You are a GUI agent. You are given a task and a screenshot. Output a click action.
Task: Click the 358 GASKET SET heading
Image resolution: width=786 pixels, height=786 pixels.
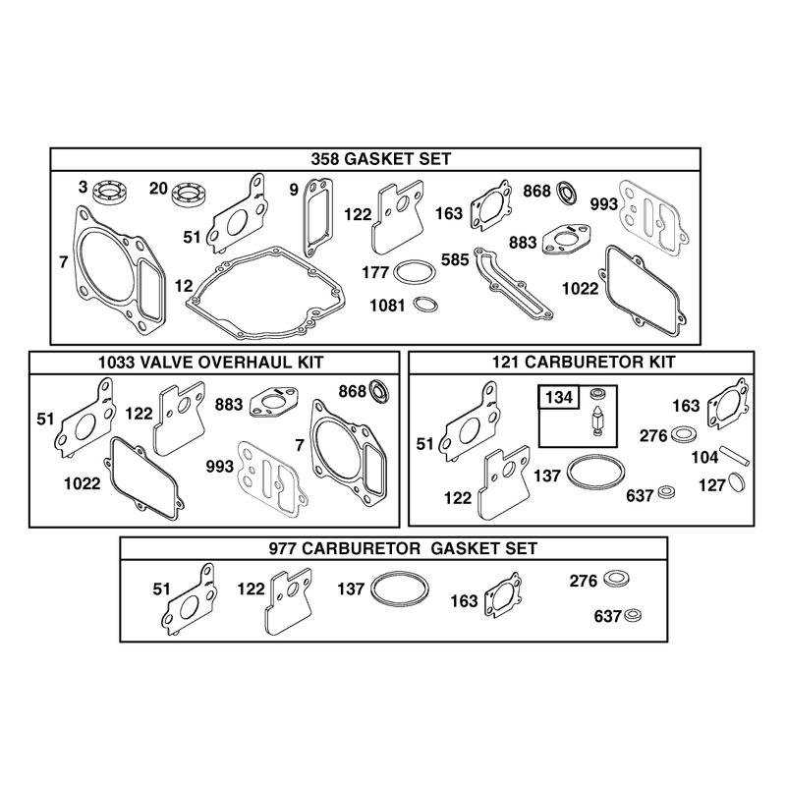pos(381,159)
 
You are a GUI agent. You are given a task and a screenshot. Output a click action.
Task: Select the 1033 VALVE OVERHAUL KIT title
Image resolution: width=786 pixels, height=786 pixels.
pos(211,362)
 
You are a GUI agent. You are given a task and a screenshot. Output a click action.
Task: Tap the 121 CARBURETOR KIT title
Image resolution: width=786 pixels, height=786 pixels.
pos(583,362)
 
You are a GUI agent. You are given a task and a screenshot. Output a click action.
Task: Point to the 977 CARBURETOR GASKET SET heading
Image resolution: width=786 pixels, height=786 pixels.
pos(404,548)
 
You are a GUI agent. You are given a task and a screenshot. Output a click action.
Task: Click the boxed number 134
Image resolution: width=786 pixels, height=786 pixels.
pos(559,398)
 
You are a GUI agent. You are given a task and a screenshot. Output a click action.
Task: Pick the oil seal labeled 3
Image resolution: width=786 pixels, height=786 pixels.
pos(110,193)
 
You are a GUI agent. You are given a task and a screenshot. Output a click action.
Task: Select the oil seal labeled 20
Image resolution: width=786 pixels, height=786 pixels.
pos(190,194)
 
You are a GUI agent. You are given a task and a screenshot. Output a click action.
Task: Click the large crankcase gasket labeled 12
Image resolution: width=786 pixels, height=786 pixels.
pos(265,293)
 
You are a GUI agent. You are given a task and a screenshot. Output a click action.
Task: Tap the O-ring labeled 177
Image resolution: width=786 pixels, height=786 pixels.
pos(414,272)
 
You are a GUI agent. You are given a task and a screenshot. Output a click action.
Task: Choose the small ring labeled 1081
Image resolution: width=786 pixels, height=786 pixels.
pos(425,304)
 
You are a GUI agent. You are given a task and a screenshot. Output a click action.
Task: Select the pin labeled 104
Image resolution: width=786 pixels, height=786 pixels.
pos(735,456)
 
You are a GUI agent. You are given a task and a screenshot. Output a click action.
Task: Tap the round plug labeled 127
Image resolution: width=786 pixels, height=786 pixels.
pos(736,481)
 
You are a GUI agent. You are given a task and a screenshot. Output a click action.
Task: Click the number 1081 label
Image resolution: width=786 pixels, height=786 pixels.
pos(387,305)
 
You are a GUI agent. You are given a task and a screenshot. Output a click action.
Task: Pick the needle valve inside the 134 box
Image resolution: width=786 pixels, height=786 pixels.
pos(597,421)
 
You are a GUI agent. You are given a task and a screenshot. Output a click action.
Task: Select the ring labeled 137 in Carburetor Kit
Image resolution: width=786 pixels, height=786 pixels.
pos(596,472)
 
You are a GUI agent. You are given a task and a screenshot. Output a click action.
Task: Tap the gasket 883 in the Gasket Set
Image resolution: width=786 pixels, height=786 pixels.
pos(566,238)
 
